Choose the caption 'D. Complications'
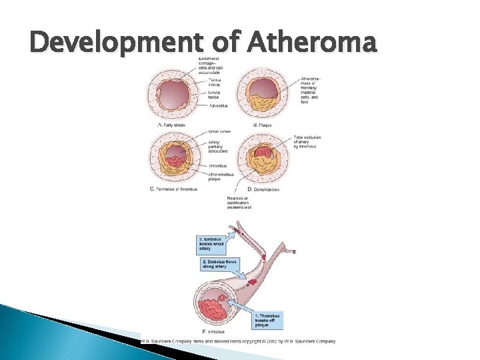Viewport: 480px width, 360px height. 261,189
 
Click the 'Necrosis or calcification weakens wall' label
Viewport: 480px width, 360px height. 238,203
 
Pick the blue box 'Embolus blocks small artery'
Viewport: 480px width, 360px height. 213,243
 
